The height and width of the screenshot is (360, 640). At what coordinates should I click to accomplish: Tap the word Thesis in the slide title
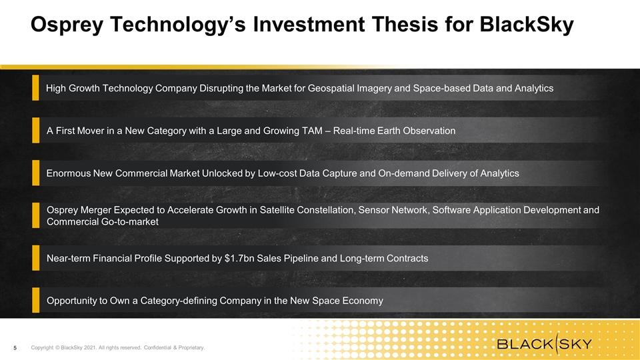pyautogui.click(x=405, y=24)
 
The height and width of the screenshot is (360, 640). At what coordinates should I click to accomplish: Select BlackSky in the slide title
pyautogui.click(x=527, y=25)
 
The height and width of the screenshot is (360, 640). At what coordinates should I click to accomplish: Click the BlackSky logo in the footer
pyautogui.click(x=545, y=344)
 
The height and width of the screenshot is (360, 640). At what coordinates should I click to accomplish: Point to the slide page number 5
pyautogui.click(x=15, y=348)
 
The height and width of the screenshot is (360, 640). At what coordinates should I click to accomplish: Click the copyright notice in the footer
pyautogui.click(x=118, y=348)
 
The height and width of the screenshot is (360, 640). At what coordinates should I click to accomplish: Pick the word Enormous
pyautogui.click(x=68, y=173)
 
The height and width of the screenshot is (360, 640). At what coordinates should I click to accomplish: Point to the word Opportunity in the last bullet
pyautogui.click(x=72, y=301)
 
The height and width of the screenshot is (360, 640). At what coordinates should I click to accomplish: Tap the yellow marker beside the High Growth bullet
pyautogui.click(x=35, y=87)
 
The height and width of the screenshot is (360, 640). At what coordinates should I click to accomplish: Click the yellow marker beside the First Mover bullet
pyautogui.click(x=35, y=130)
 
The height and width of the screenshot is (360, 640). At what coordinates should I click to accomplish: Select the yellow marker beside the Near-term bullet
pyautogui.click(x=35, y=257)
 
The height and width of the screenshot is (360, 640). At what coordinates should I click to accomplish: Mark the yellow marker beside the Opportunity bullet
pyautogui.click(x=35, y=300)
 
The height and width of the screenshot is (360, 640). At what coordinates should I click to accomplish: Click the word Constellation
pyautogui.click(x=326, y=210)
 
